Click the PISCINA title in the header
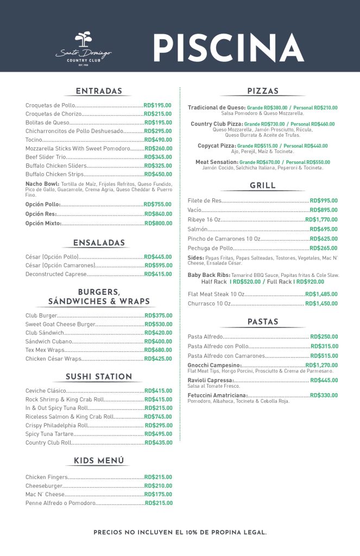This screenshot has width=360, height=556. coord(228,47)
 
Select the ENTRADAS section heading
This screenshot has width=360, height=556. coord(99,91)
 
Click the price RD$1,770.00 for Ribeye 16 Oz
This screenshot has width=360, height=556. coord(321,219)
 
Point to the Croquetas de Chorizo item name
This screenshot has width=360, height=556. coord(53,114)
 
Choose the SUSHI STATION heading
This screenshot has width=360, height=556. coord(99,377)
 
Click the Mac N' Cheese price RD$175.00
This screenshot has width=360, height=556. coord(158,495)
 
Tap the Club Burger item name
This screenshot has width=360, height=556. coord(41,315)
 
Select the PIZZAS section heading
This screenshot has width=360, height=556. coord(263,91)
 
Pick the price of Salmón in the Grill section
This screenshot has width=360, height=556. coord(324,229)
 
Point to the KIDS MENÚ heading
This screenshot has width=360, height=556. coord(99,461)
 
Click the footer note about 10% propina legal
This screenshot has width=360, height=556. coord(180,533)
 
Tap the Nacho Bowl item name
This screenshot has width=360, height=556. coord(38,184)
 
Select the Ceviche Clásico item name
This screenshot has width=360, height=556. coord(46,391)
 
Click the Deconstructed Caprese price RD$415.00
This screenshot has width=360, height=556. coord(158,274)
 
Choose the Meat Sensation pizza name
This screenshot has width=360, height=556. coord(216,162)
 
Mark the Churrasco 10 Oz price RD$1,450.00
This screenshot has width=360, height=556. coord(321,304)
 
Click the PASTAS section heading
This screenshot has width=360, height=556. coord(263,322)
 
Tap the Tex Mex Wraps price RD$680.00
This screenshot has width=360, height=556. coord(158,350)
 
